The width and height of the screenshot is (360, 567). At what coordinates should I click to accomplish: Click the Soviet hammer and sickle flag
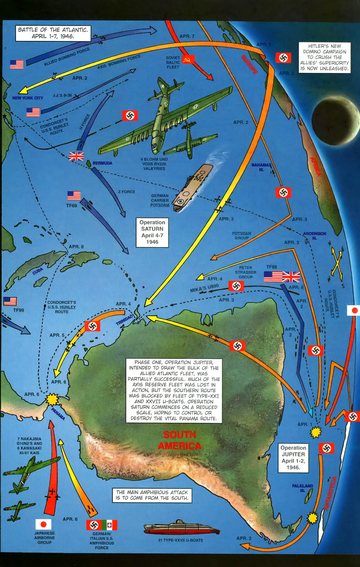pos(188,59)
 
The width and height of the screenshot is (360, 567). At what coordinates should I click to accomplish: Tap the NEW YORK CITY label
pos(28,98)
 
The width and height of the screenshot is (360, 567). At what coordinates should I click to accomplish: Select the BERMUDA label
pos(102,163)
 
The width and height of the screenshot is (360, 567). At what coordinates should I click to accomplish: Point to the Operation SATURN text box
pos(152,232)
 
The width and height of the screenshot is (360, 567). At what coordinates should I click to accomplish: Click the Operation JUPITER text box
pos(293,458)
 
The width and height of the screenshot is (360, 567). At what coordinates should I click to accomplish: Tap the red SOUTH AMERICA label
pos(179,440)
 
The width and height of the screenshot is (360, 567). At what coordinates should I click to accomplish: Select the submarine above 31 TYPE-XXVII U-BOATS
pos(182,528)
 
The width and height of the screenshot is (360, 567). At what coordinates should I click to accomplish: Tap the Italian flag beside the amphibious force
pos(109,525)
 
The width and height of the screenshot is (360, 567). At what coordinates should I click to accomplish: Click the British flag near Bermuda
pos(76,156)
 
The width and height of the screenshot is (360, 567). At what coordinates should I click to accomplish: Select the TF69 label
pos(71,206)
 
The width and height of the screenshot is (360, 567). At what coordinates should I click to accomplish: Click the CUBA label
pos(38,271)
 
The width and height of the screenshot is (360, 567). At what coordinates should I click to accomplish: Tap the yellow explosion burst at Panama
pos(52,399)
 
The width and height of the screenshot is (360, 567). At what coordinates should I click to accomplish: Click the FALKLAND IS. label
pos(302,488)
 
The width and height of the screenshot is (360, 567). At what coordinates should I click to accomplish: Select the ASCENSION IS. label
pos(314,236)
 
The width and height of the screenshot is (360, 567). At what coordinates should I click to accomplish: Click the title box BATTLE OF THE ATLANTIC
pos(53,33)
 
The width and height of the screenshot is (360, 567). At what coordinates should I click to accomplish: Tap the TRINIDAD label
pos(124,320)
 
